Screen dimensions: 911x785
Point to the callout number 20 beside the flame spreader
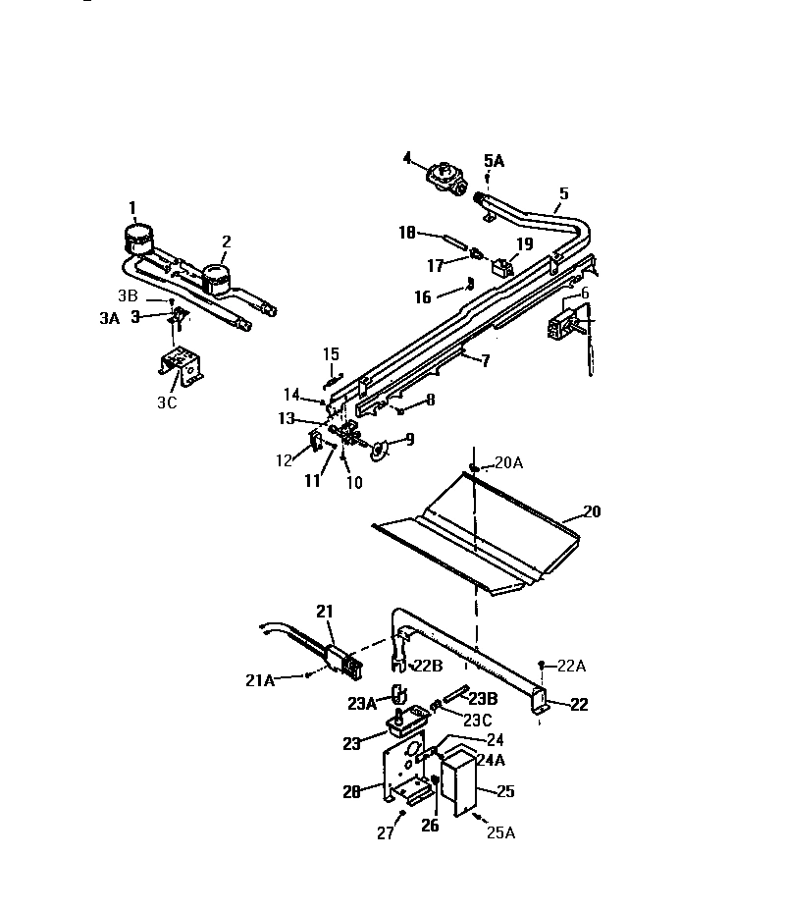(592, 511)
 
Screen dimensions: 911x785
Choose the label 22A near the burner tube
(572, 667)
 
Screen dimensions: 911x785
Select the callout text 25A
(500, 833)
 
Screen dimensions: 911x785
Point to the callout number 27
(386, 833)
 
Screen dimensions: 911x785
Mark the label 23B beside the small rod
(482, 698)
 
